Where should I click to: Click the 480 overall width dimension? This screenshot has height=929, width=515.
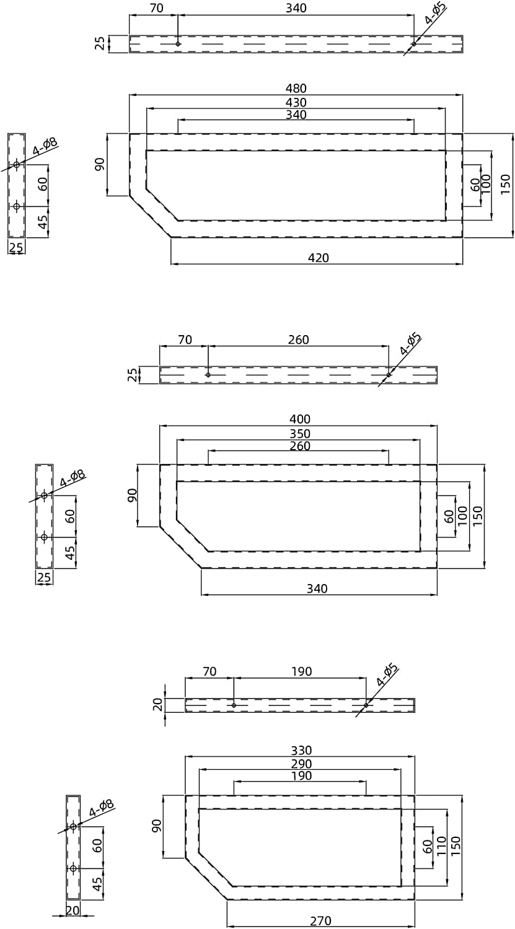pyautogui.click(x=296, y=89)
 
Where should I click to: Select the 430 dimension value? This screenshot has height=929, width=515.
pyautogui.click(x=296, y=102)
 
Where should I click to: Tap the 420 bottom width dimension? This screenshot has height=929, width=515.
pyautogui.click(x=319, y=258)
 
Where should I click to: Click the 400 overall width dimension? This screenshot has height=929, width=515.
pyautogui.click(x=299, y=419)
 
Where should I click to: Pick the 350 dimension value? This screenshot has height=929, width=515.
pyautogui.click(x=299, y=434)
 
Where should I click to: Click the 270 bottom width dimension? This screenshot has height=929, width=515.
pyautogui.click(x=320, y=920)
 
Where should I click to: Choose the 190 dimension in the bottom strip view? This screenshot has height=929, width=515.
pyautogui.click(x=301, y=671)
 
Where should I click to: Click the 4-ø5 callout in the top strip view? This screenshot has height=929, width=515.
pyautogui.click(x=436, y=14)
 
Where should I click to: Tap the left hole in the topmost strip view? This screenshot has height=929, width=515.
pyautogui.click(x=178, y=44)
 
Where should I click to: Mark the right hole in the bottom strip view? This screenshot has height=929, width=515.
pyautogui.click(x=366, y=705)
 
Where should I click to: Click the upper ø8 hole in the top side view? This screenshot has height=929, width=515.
pyautogui.click(x=17, y=164)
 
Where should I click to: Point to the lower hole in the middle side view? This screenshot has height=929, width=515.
pyautogui.click(x=44, y=537)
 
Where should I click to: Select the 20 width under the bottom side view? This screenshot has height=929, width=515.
pyautogui.click(x=73, y=910)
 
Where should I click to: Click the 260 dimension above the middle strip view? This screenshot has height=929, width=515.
pyautogui.click(x=299, y=340)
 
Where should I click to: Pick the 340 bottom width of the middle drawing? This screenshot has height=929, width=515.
pyautogui.click(x=317, y=588)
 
